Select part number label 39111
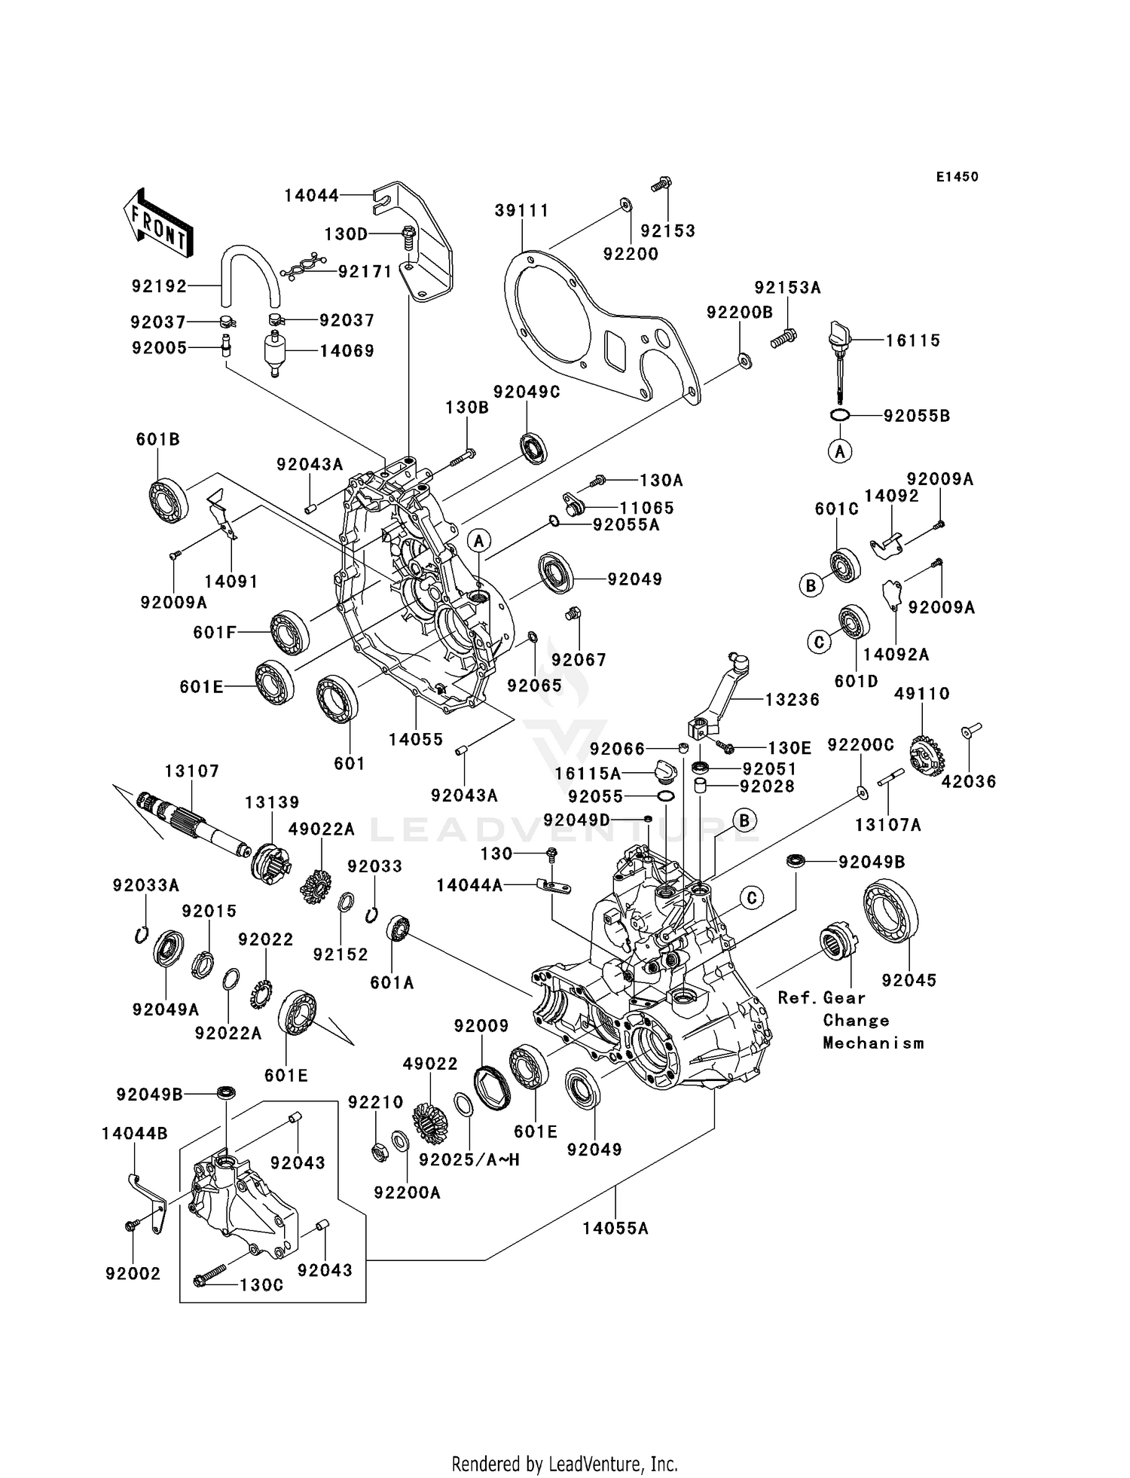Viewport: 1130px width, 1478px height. [522, 211]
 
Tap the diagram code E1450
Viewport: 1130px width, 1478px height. [957, 177]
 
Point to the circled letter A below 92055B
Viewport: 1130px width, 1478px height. [840, 451]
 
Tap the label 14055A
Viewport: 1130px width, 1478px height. [615, 1229]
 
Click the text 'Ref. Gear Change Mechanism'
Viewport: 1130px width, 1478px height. [851, 1020]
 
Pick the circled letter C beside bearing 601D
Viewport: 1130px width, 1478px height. [819, 642]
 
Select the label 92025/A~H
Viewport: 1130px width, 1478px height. [469, 1160]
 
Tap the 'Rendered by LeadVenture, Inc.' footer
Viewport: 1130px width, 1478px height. [564, 1464]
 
